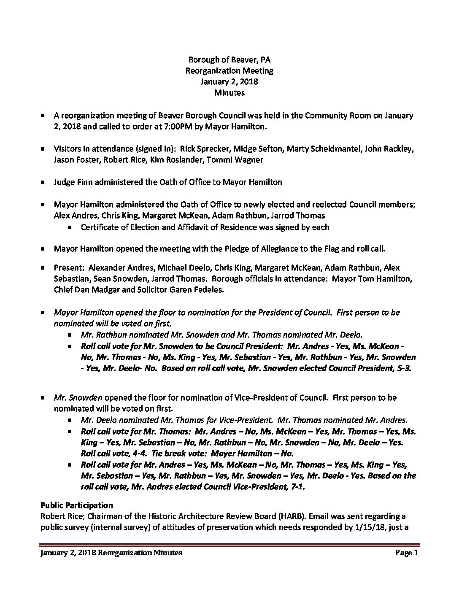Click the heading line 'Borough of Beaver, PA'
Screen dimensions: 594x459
point(229,60)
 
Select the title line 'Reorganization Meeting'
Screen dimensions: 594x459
point(229,71)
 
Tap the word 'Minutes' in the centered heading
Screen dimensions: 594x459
point(229,93)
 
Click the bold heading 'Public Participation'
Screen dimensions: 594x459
point(76,505)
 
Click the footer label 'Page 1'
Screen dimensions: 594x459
point(406,553)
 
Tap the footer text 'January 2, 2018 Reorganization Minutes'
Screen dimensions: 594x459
point(111,553)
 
